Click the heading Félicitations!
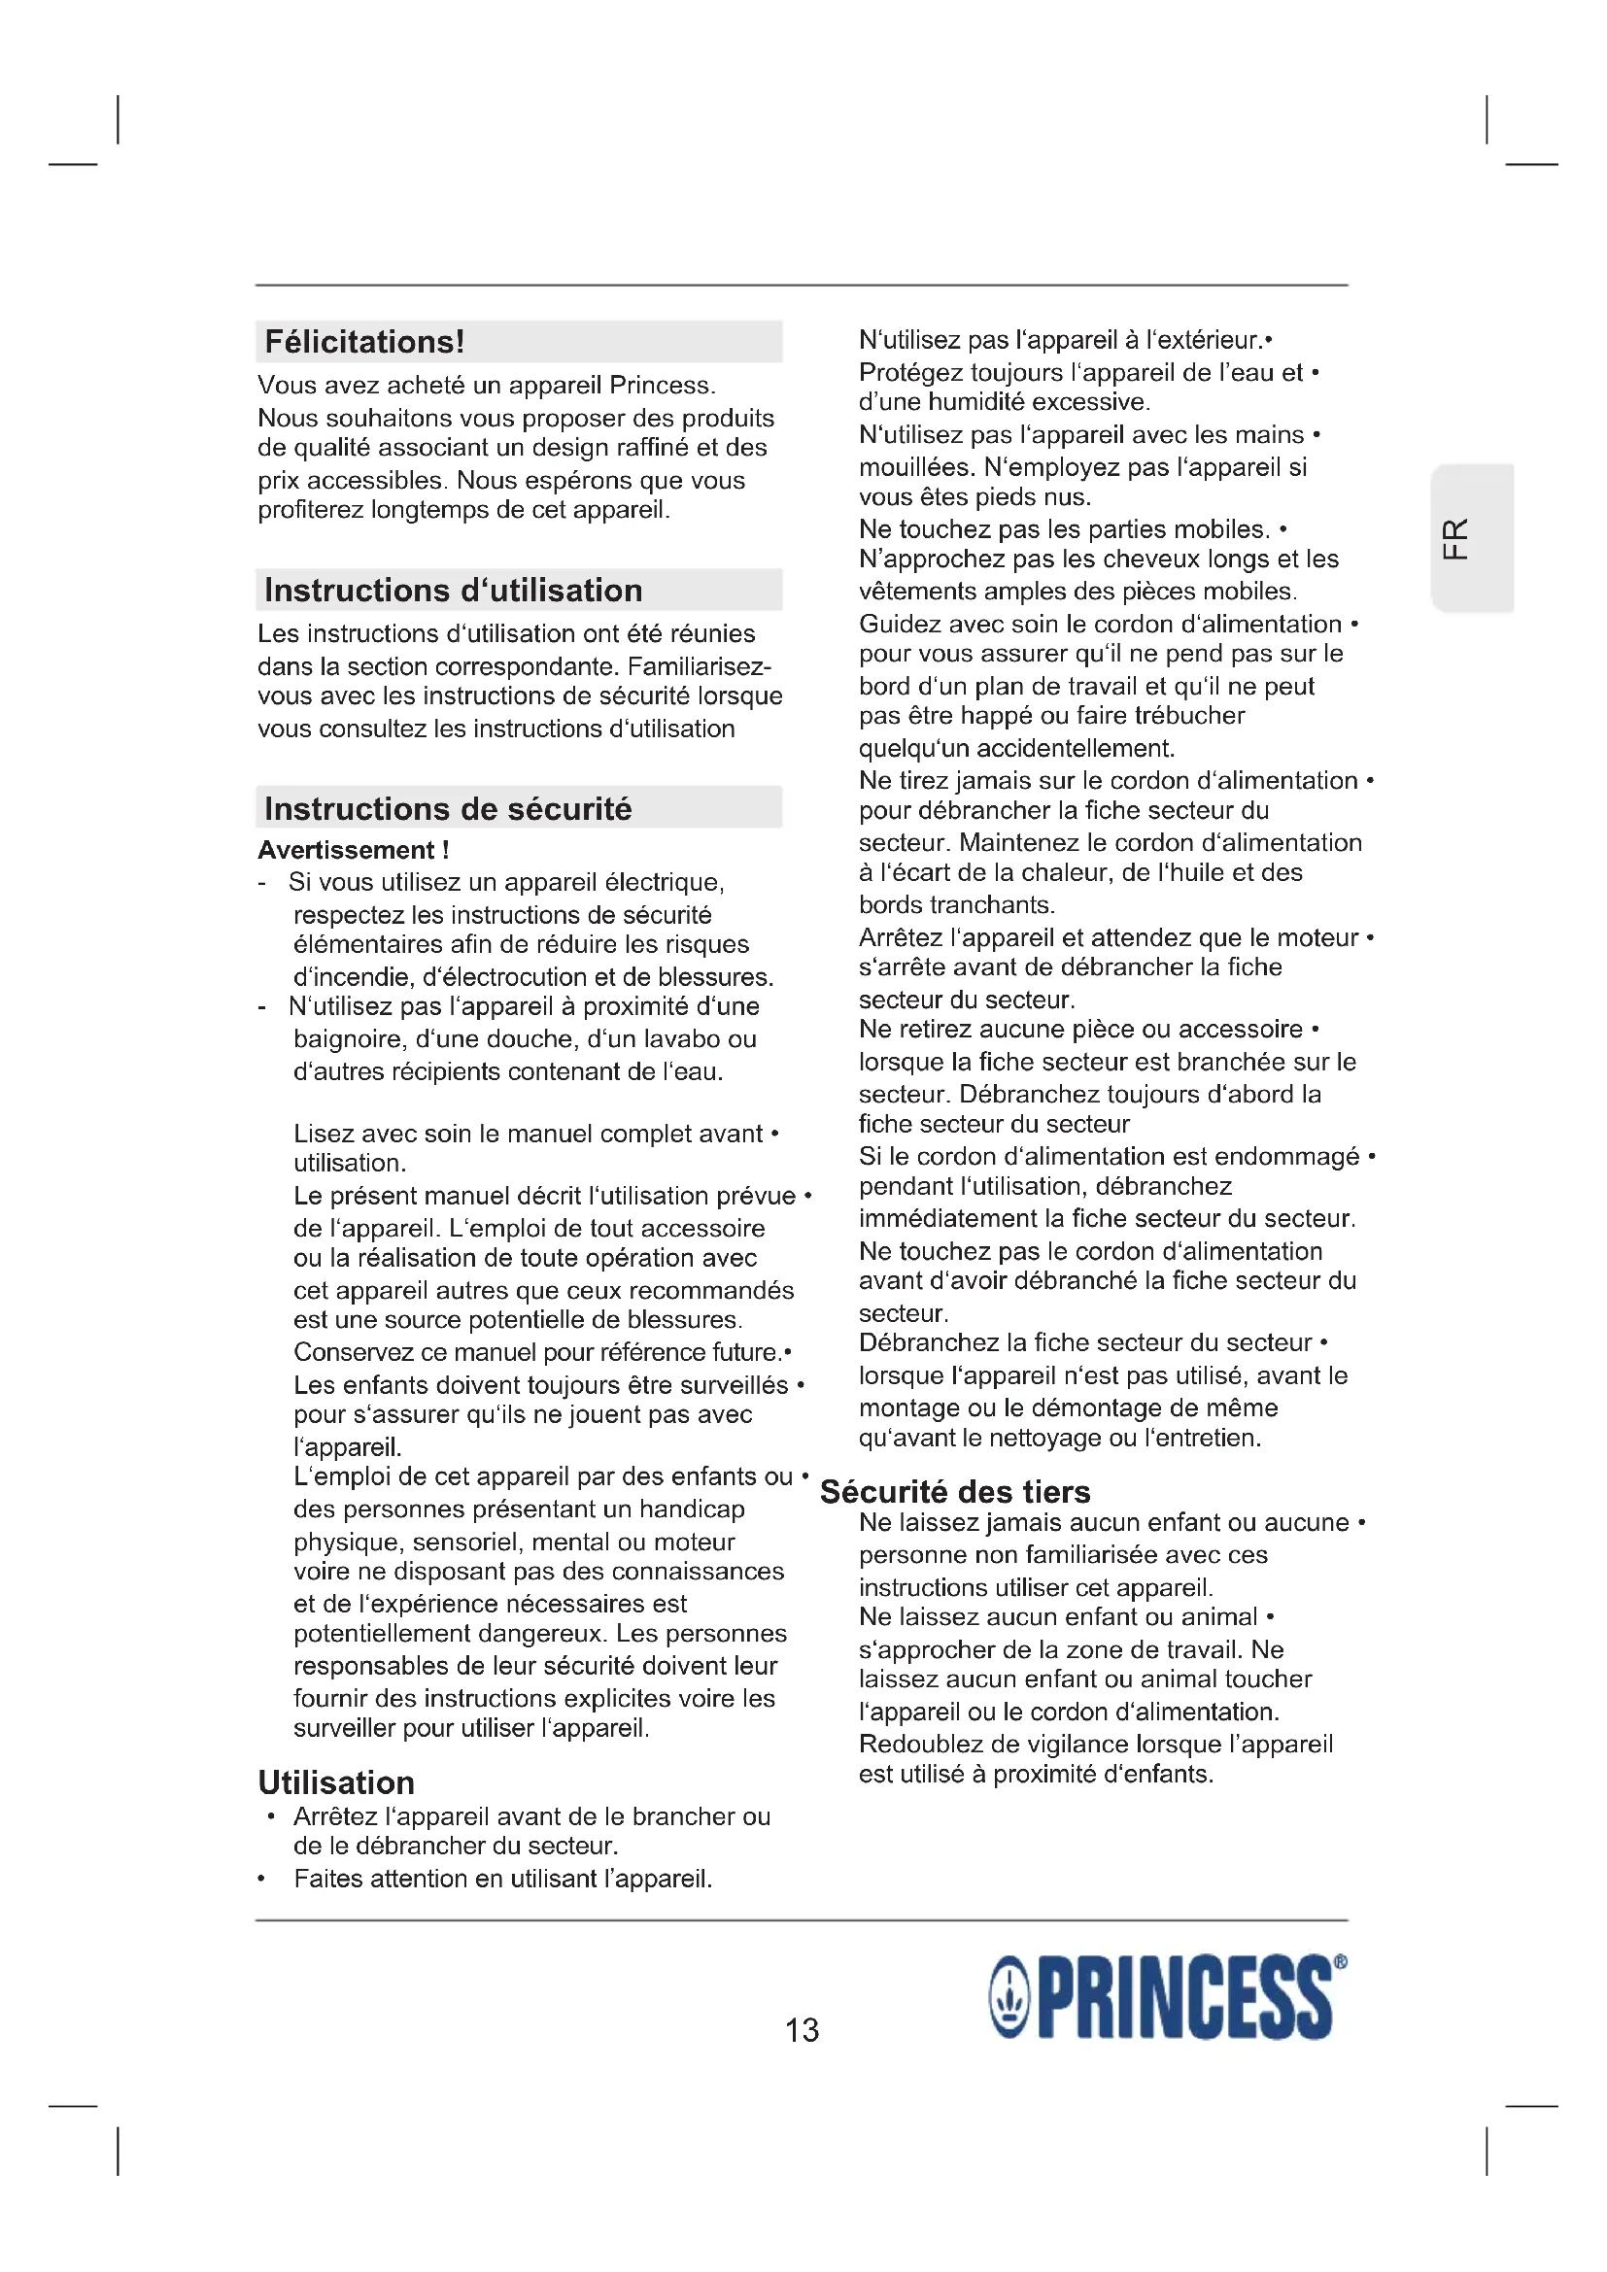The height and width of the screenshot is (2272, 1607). [x=364, y=342]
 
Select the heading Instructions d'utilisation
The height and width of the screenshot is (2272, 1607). [x=453, y=591]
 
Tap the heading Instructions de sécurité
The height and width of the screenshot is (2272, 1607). [x=447, y=809]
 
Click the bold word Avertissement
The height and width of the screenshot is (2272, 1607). [x=346, y=850]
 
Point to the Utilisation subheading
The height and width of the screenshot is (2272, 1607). [x=336, y=1782]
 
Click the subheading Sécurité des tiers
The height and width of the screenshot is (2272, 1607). [x=955, y=1491]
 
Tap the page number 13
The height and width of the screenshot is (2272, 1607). [x=802, y=2029]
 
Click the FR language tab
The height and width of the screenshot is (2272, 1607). [x=1455, y=538]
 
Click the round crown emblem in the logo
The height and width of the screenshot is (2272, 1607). [x=1009, y=2000]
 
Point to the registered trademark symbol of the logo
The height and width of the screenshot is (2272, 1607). [x=1340, y=1961]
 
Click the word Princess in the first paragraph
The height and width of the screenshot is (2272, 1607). [x=660, y=385]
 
